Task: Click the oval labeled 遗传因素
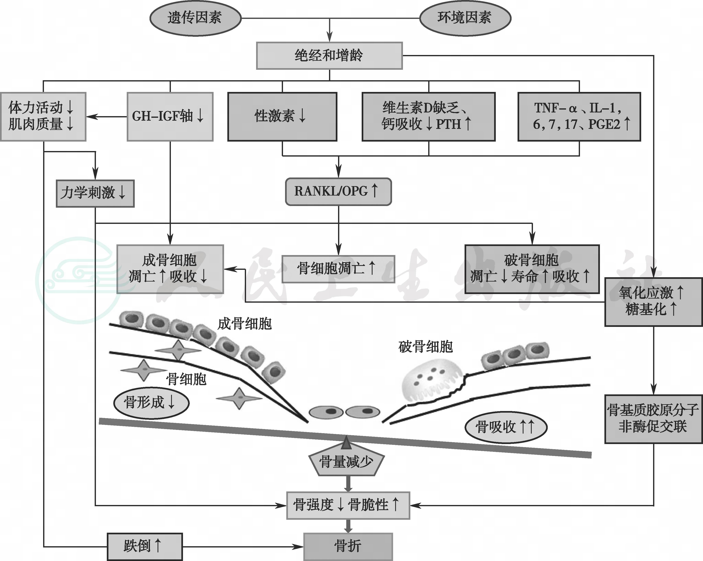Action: pos(195,18)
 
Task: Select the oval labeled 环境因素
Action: pos(465,18)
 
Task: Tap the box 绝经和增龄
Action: pos(329,56)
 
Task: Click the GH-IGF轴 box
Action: pos(170,117)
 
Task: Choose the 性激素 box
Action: pos(282,117)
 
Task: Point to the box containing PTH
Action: pos(428,117)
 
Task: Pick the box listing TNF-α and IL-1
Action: pos(579,117)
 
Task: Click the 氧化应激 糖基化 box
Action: pos(653,302)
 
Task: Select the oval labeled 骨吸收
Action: pos(505,427)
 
